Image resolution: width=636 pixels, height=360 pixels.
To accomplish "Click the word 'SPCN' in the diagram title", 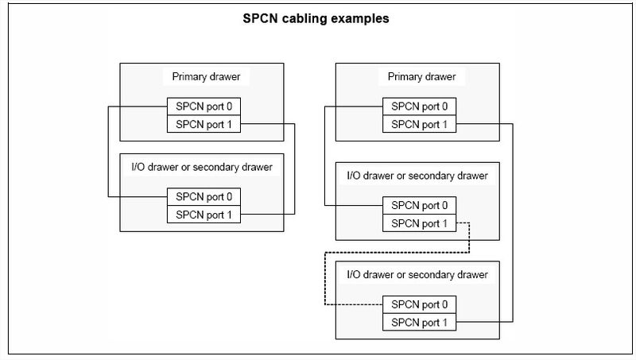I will click(262, 17).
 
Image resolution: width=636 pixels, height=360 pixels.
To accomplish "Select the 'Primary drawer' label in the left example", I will click(200, 77).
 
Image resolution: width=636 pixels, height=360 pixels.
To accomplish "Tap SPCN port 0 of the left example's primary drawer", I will click(203, 106).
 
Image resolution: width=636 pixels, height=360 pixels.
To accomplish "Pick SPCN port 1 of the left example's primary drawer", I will click(203, 123).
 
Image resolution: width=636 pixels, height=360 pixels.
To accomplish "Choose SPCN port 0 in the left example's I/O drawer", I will click(203, 196).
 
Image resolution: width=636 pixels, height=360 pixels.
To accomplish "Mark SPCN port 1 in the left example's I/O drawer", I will click(203, 214).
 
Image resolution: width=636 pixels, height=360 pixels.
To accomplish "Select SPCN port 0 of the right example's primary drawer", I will click(419, 106).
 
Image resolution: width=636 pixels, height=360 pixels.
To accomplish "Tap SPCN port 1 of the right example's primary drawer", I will click(419, 123).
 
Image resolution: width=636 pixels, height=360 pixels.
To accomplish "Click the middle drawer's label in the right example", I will click(417, 176).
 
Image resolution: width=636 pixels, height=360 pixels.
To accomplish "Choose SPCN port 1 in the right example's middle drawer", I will click(419, 223).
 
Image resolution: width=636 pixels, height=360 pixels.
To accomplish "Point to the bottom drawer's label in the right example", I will click(417, 274).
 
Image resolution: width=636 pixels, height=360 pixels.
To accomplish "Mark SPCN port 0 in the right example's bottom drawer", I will click(419, 304).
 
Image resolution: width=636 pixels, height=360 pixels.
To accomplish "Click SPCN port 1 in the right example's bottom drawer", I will click(419, 322).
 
